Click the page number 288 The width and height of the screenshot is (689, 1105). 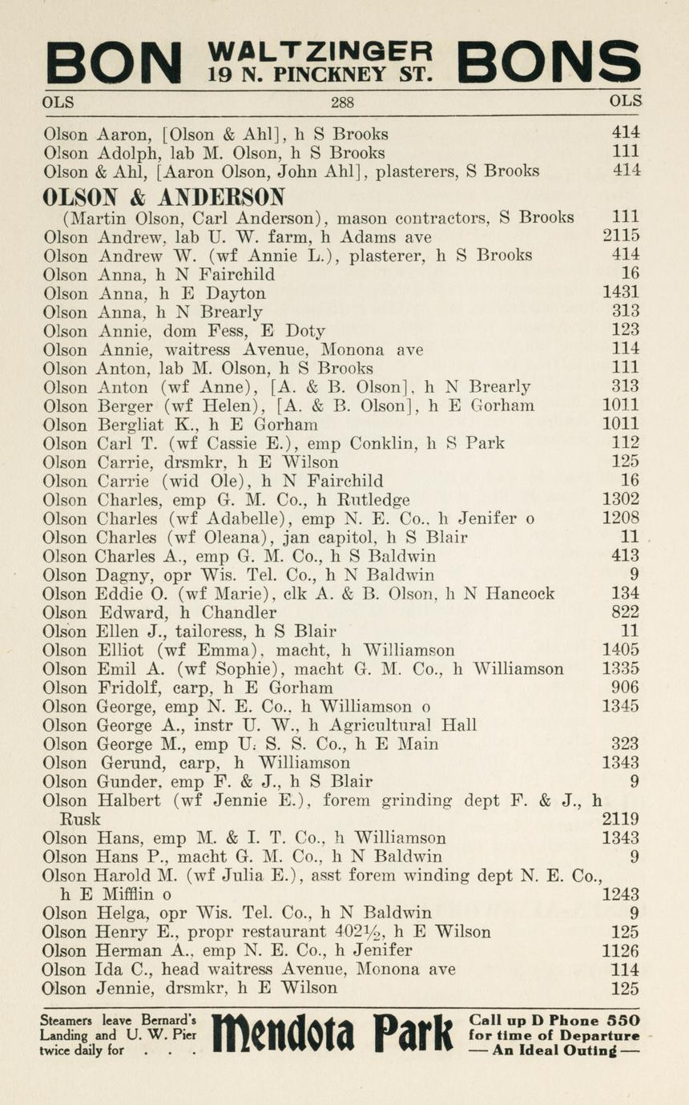[342, 103]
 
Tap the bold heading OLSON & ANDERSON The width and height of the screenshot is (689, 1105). [164, 196]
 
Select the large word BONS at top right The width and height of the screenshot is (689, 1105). [549, 63]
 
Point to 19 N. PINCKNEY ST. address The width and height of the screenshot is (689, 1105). [320, 75]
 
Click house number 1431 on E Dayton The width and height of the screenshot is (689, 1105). [621, 293]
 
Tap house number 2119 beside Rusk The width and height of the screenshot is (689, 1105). [621, 819]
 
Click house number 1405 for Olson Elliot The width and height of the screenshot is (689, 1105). [621, 650]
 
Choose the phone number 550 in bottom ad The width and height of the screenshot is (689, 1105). [623, 1021]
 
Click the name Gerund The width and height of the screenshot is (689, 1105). [127, 763]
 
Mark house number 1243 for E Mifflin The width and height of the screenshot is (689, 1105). [621, 894]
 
